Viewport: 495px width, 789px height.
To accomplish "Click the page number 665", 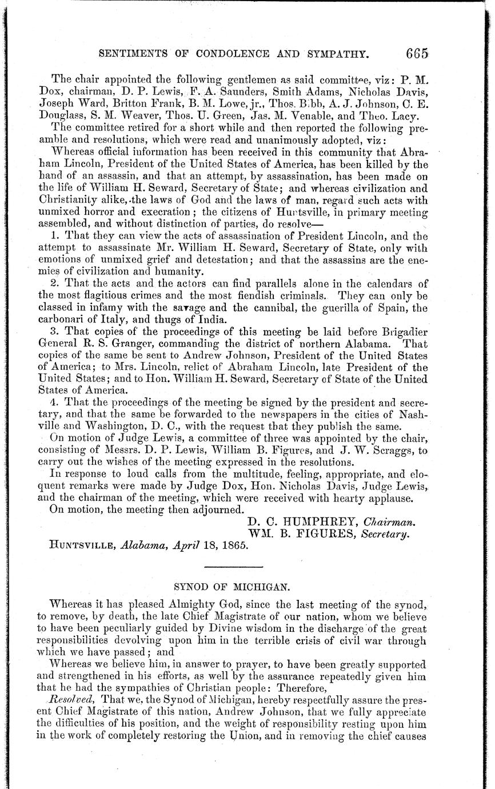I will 417,54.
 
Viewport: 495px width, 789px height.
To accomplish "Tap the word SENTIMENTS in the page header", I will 131,55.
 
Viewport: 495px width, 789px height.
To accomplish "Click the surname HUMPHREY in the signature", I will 324,522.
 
